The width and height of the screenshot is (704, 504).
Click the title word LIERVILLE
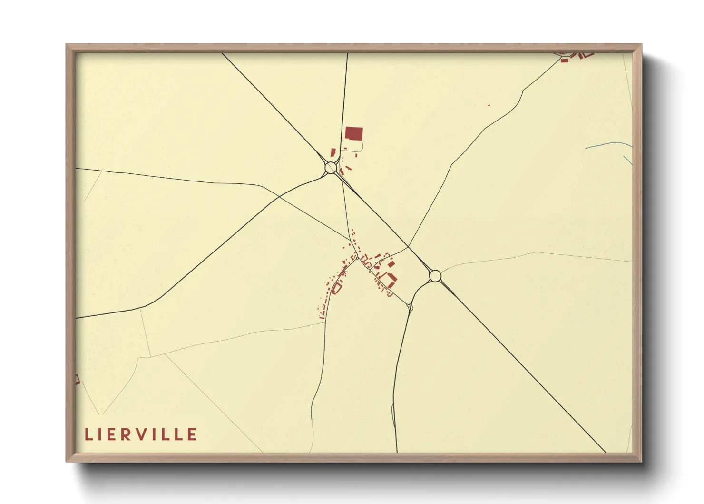point(141,434)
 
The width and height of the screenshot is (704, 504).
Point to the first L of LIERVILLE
point(88,434)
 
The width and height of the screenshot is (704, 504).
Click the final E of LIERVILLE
point(192,434)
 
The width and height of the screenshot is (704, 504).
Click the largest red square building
point(354,133)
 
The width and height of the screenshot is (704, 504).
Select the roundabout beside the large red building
point(331,168)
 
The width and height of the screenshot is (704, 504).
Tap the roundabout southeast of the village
point(435,276)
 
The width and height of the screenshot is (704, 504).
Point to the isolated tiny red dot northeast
point(489,105)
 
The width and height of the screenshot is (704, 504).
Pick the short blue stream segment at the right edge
point(628,161)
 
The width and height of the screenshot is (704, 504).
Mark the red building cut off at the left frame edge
point(77,380)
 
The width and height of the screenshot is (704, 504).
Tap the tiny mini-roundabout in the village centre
point(357,258)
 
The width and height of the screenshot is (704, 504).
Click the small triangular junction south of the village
point(410,307)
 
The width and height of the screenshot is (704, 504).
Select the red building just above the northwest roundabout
point(333,152)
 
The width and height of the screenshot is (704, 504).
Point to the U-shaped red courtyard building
point(391,280)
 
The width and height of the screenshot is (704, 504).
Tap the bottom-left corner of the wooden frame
point(67,461)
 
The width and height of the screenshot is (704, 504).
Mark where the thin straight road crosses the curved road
point(280,196)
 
